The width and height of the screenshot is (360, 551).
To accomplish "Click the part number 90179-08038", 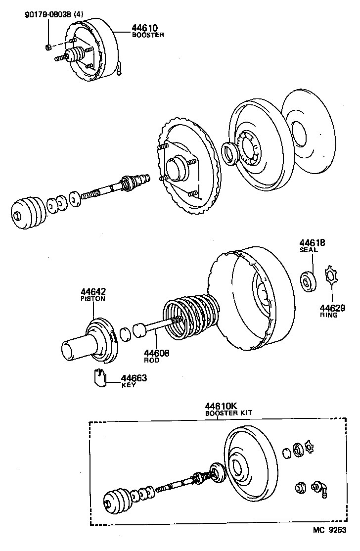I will point(47,15).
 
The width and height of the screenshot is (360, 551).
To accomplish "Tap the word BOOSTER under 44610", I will point(148,35).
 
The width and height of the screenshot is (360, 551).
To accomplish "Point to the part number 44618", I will point(312,243).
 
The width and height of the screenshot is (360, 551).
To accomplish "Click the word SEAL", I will point(309,250).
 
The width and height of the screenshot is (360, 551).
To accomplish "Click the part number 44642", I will point(93,292).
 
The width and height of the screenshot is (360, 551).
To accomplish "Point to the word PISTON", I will point(93,299).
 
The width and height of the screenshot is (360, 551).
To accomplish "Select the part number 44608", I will point(157,353).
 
